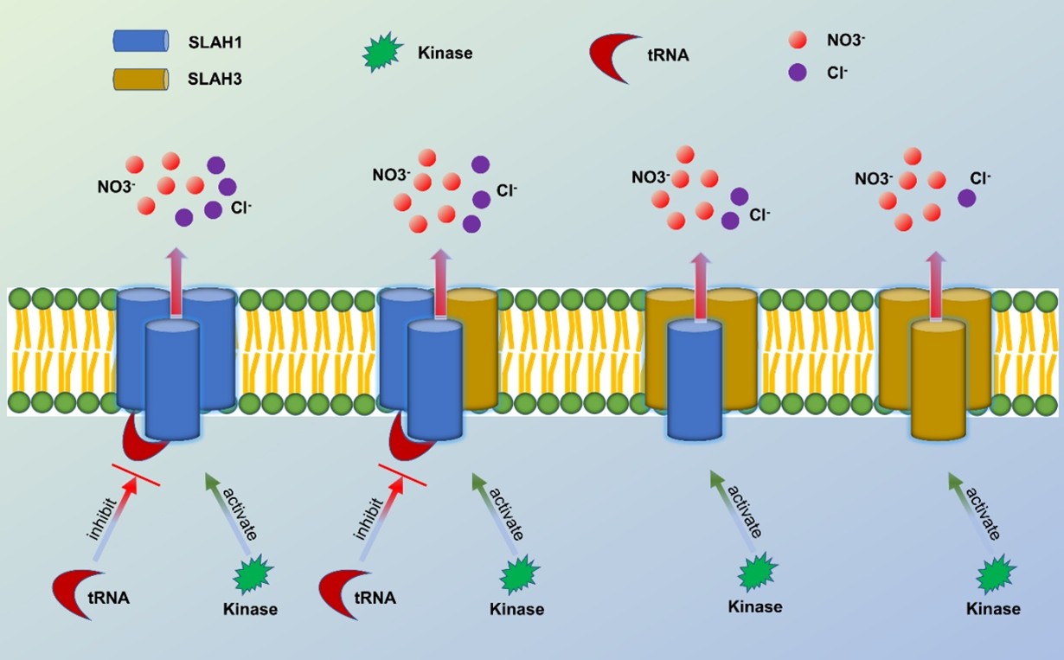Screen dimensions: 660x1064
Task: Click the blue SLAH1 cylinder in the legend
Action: [140, 42]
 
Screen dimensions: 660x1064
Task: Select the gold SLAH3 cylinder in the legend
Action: [140, 80]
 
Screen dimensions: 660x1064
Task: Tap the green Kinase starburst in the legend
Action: [381, 53]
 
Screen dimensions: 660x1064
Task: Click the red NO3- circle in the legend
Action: [797, 40]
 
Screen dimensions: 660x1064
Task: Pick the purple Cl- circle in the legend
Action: [797, 74]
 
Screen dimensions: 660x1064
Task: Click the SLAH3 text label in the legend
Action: [215, 80]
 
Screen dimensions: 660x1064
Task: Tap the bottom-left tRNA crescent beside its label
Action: [71, 593]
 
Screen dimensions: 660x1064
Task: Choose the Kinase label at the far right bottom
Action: [993, 608]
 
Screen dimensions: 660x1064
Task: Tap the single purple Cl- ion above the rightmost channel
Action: [966, 198]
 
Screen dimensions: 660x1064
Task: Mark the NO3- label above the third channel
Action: [650, 177]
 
